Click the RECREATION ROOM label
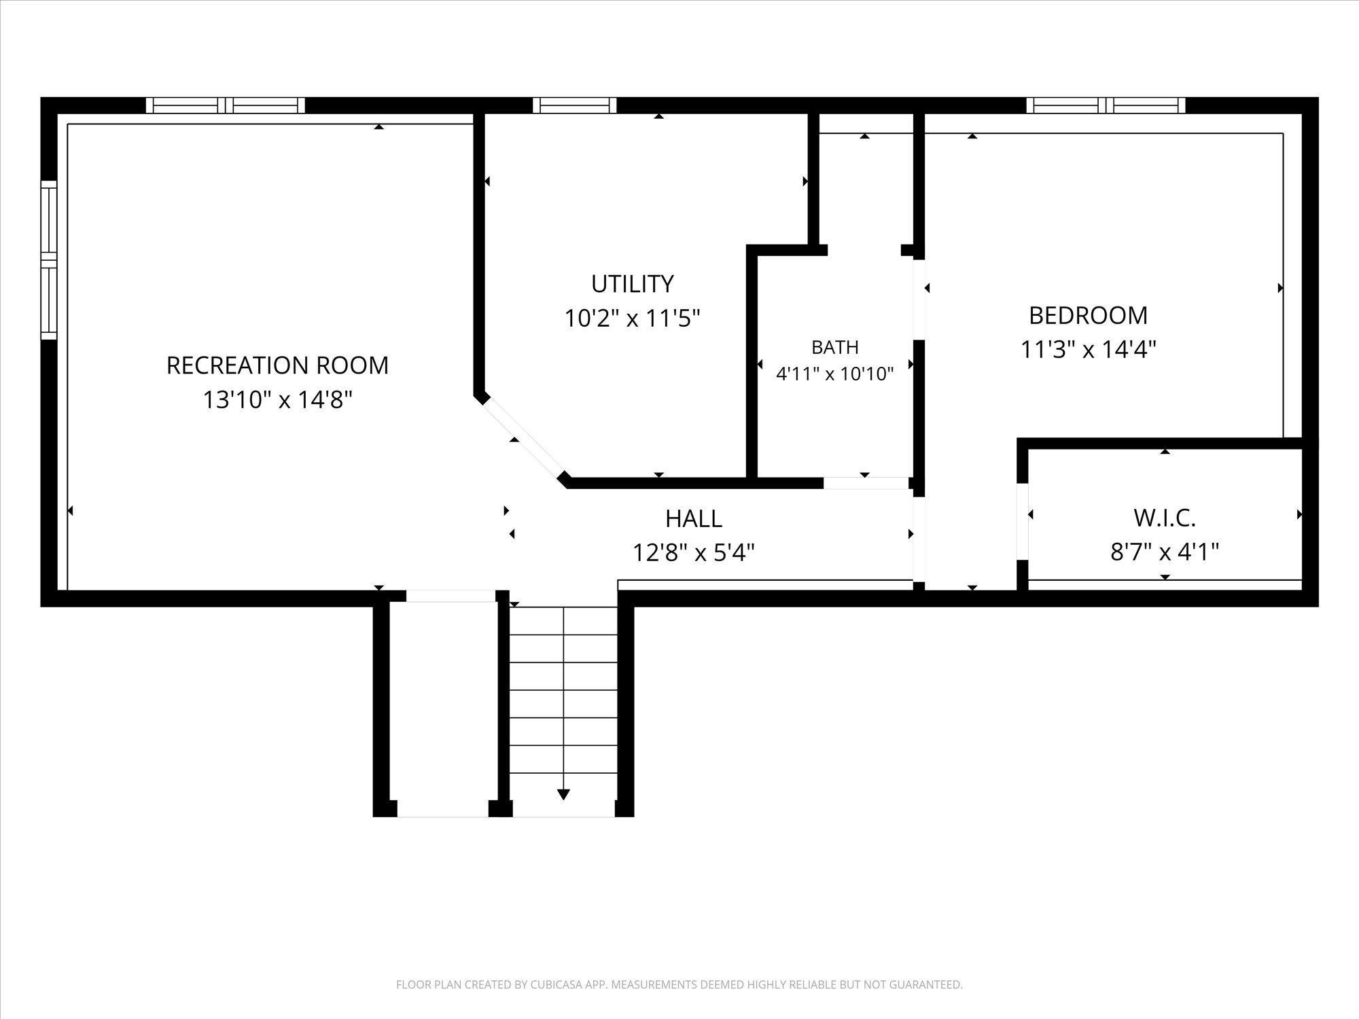click(x=277, y=365)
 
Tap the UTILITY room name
click(x=632, y=284)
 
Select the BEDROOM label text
click(x=1088, y=315)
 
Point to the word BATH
click(x=834, y=347)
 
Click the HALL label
click(x=693, y=519)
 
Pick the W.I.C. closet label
click(x=1164, y=518)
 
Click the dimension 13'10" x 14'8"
click(x=277, y=400)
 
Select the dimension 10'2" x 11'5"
click(x=632, y=318)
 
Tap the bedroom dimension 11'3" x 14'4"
click(x=1088, y=350)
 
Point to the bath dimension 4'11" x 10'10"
click(x=834, y=374)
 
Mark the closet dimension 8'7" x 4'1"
click(x=1164, y=552)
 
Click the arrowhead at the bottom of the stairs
click(x=563, y=794)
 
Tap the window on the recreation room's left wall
click(x=48, y=260)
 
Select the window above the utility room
click(x=574, y=105)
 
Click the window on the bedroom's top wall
click(x=1106, y=105)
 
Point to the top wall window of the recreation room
click(x=226, y=105)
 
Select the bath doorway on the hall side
click(x=866, y=483)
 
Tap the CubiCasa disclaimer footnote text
click(x=679, y=984)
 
